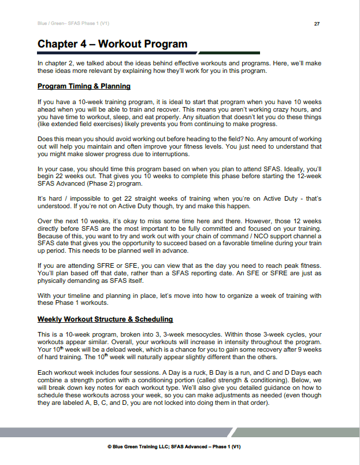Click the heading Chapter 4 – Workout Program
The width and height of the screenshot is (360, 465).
coord(112,44)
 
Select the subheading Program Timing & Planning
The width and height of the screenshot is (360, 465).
coord(84,86)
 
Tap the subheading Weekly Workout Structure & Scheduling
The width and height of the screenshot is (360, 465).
coord(105,319)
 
